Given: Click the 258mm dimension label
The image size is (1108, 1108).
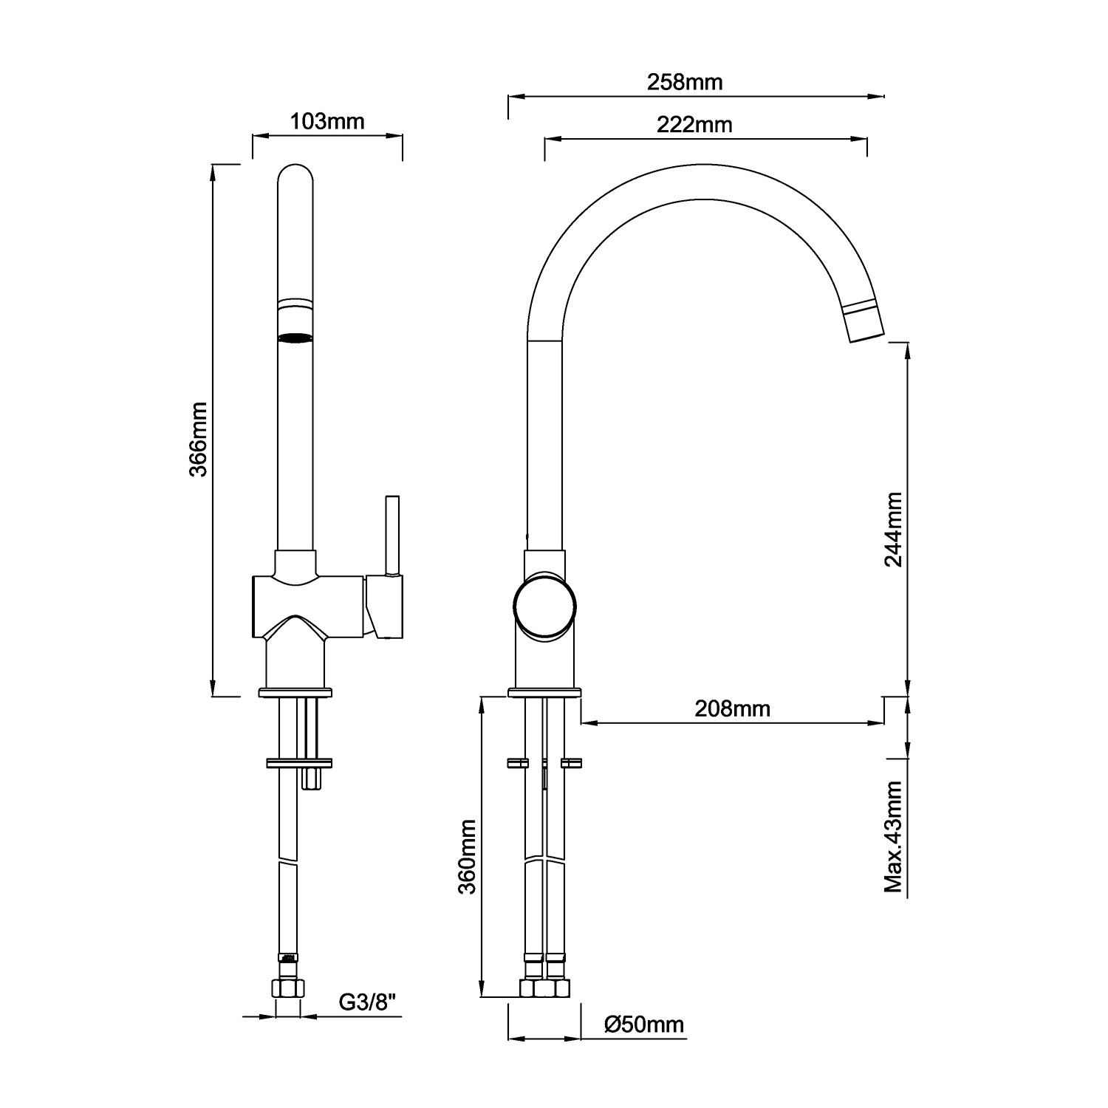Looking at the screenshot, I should [685, 81].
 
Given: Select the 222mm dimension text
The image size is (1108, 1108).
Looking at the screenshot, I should [694, 124].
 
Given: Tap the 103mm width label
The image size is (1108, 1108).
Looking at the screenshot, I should [327, 120].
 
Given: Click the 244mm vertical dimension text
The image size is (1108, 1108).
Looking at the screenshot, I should [893, 529].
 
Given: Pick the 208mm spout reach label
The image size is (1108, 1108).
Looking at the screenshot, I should [732, 709].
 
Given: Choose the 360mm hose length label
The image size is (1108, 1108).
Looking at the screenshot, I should [468, 856].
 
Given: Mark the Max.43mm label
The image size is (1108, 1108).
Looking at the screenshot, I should [894, 836].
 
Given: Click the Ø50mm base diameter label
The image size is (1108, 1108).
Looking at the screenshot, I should [643, 1025].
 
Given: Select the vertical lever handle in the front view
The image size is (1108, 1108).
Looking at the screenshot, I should [391, 533].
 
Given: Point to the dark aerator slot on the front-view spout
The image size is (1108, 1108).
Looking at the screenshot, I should [295, 338].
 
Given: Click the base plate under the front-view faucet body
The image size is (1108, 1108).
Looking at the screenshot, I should [295, 693].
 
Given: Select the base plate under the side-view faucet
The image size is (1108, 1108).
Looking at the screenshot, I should [544, 693].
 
